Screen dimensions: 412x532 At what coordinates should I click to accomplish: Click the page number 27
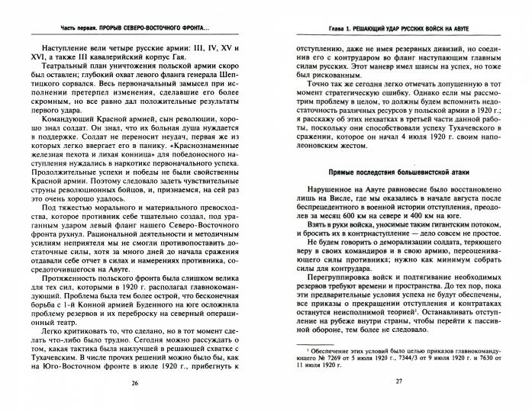pyautogui.click(x=398, y=382)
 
